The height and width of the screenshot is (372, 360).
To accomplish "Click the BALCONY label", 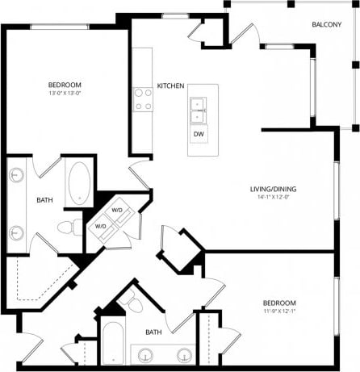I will click(326, 24).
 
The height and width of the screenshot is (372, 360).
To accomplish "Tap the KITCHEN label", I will click(170, 86).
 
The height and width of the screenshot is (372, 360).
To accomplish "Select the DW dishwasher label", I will click(198, 135).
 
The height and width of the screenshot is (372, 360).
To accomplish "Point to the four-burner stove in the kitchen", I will click(143, 98).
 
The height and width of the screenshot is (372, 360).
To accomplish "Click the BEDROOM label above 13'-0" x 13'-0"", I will click(65, 84).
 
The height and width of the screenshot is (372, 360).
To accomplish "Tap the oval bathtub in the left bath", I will click(79, 183).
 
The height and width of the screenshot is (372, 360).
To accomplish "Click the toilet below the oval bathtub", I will click(73, 225).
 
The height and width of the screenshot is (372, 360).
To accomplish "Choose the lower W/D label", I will click(101, 227).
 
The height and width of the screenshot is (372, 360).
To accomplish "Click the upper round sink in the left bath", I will click(17, 175).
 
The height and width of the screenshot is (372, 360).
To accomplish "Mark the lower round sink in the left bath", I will click(17, 233).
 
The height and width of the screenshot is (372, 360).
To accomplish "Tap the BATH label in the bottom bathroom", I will click(153, 331).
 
